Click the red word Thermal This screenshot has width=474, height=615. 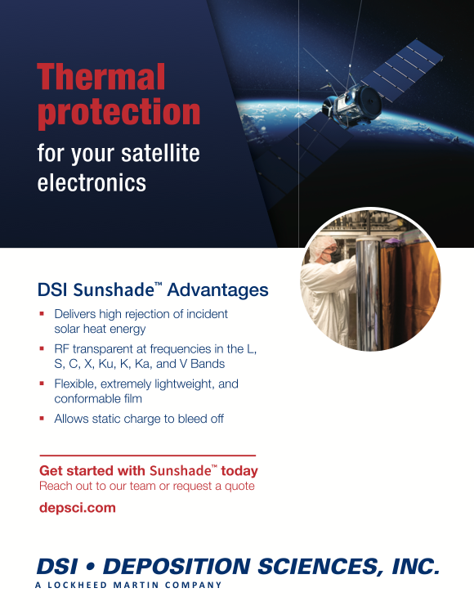point(101,77)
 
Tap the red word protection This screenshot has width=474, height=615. point(118,113)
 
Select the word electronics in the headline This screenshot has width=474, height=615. point(92,182)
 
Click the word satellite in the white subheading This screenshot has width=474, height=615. point(160,153)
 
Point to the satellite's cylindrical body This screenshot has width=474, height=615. point(353,103)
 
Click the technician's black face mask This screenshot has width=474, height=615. point(333,255)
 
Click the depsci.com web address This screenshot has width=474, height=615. point(78,508)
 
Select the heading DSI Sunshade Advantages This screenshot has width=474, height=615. point(153,290)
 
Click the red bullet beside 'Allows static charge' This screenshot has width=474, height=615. point(42,418)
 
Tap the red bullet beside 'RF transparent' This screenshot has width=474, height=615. point(42,348)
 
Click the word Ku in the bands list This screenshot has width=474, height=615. point(106,364)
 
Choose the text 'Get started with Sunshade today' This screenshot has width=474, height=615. point(149,470)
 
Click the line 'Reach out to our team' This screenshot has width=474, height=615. point(147,486)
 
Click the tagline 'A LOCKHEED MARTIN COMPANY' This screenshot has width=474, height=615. point(128,585)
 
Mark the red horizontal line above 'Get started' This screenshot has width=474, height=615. point(148,456)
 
